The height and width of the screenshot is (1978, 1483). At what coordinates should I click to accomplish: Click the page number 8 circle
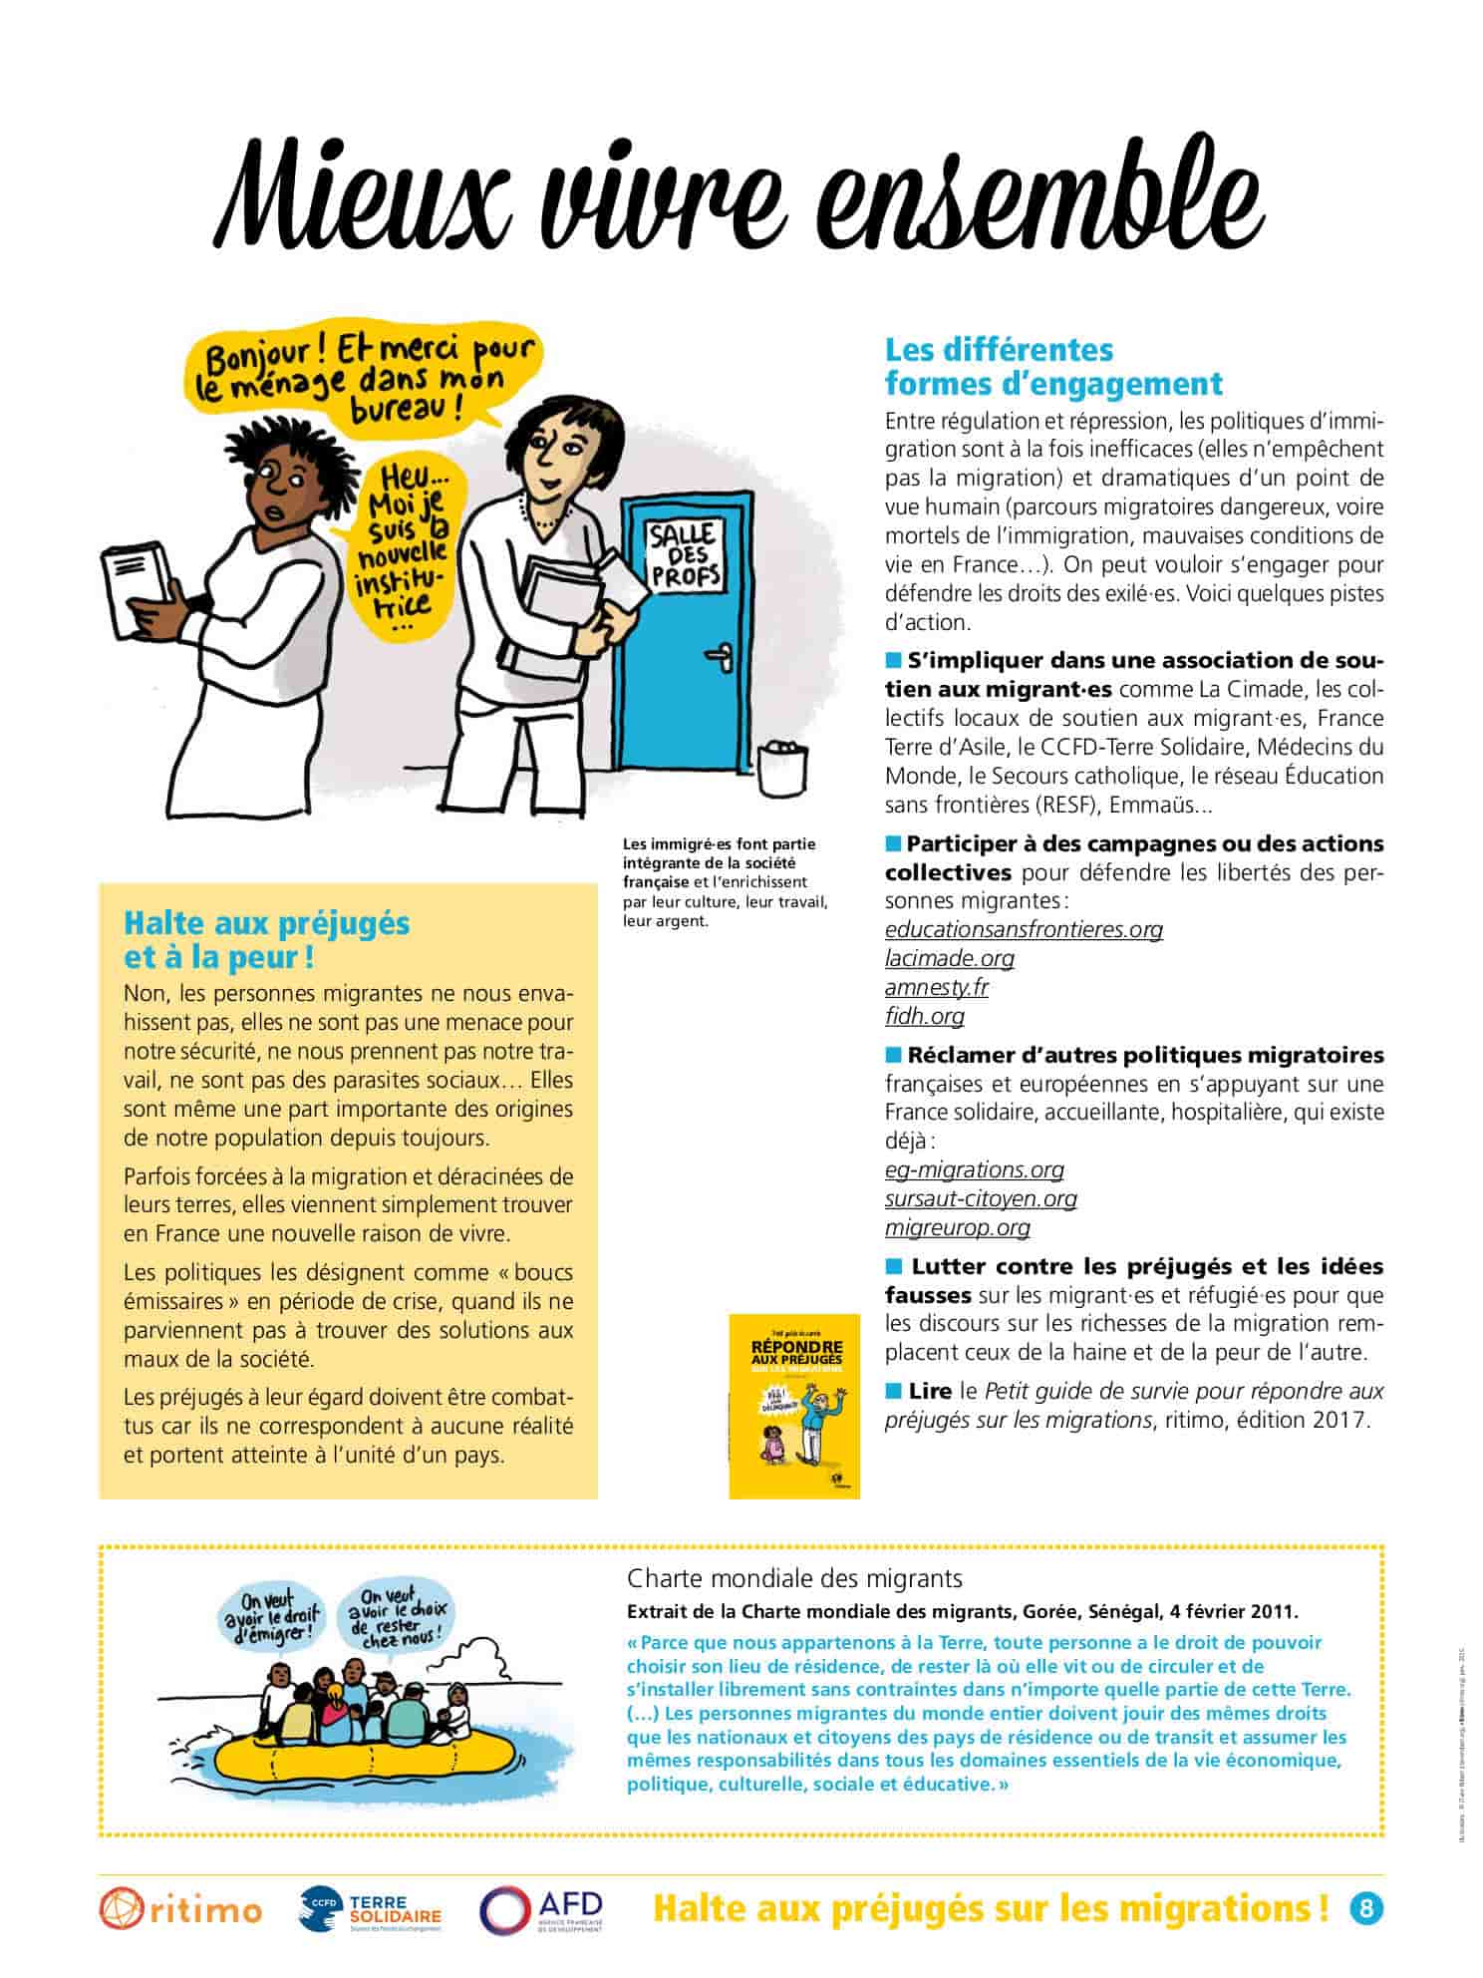(x=1366, y=1908)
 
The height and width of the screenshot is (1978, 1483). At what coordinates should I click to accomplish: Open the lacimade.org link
(x=949, y=958)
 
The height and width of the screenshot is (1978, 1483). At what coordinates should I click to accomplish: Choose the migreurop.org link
(x=957, y=1227)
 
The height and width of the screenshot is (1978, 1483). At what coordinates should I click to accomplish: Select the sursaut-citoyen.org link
(x=981, y=1198)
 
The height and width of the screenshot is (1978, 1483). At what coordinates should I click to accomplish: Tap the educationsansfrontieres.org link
(x=1024, y=929)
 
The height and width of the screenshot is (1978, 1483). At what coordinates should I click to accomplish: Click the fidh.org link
(x=924, y=1016)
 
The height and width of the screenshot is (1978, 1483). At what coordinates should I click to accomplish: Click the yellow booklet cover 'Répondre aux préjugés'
(x=793, y=1406)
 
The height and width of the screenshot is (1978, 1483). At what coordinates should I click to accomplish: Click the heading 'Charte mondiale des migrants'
(x=794, y=1578)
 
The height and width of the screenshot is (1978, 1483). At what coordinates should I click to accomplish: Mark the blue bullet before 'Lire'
(x=893, y=1391)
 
